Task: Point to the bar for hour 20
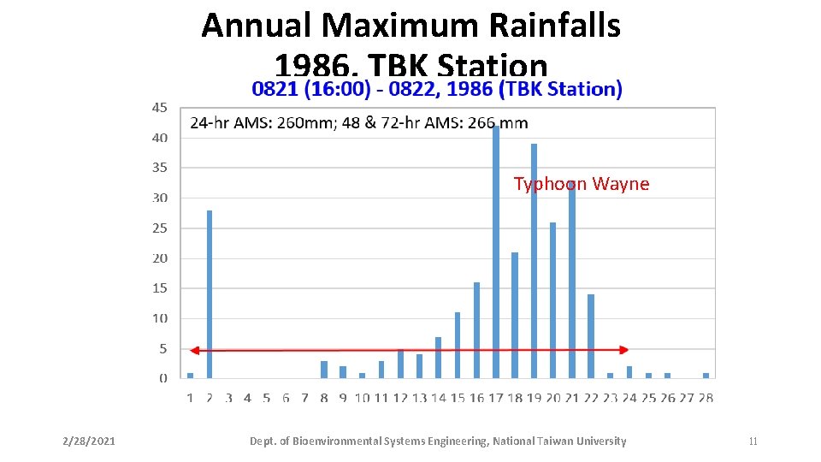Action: pos(552,299)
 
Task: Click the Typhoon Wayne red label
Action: pos(581,184)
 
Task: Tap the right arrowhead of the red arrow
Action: pos(624,350)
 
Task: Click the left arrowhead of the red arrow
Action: pos(194,350)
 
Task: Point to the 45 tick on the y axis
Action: pos(160,108)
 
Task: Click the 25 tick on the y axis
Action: pos(160,228)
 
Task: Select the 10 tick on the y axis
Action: pos(160,318)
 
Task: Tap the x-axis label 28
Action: pos(706,397)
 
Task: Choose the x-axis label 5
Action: pos(266,397)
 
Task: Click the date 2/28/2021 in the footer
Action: pos(89,441)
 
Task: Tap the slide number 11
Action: pos(753,441)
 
